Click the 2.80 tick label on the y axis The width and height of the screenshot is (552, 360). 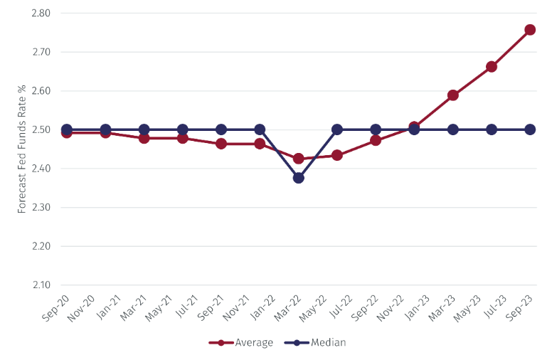tap(41, 14)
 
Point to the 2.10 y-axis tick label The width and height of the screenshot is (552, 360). tap(41, 285)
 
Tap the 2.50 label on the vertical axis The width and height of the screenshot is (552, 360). tap(41, 130)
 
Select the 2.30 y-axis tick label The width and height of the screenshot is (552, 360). tap(41, 208)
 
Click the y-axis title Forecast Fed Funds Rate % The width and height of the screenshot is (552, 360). tap(22, 149)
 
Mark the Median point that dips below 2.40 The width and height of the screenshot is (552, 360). tap(299, 178)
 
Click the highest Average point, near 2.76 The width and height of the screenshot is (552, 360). tap(530, 30)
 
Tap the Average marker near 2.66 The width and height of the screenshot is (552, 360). tap(492, 67)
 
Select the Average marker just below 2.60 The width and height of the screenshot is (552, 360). tap(453, 95)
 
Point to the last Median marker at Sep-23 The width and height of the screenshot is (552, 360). tap(530, 129)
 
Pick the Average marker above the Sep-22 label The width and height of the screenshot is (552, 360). tap(376, 140)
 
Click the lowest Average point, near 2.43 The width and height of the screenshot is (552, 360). tap(299, 159)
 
